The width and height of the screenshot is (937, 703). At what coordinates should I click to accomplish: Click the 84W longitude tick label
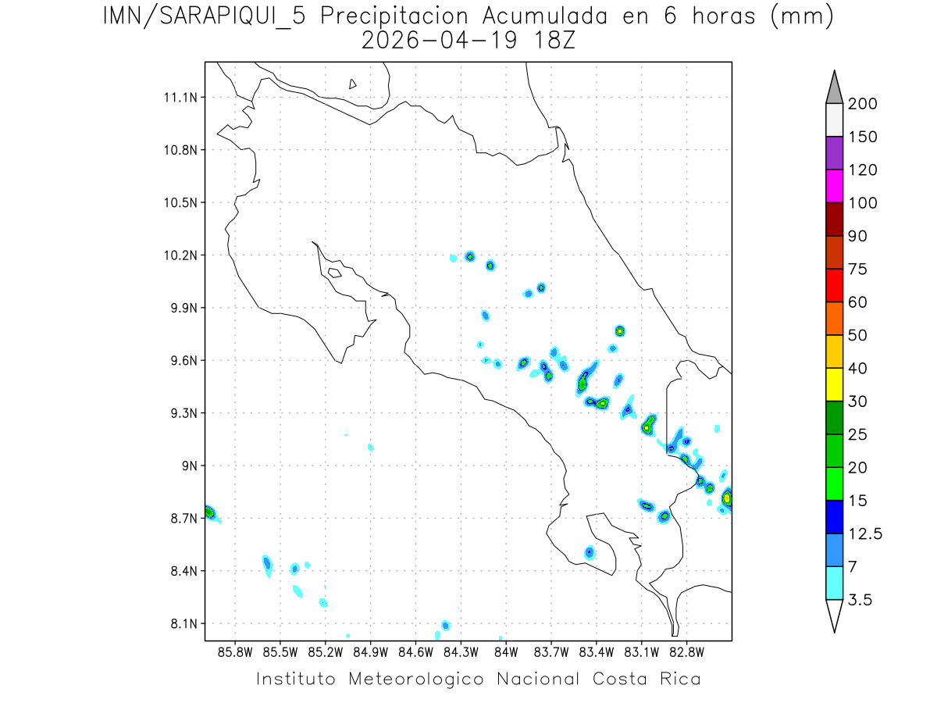click(506, 651)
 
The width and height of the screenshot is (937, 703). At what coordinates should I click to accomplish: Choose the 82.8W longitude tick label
click(686, 651)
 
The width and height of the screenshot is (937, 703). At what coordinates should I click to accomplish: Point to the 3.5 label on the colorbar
click(860, 600)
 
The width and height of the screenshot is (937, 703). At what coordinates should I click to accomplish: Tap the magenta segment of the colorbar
click(834, 187)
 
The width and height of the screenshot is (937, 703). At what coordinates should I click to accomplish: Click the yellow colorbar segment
click(834, 384)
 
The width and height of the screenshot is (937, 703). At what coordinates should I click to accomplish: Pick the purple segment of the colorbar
click(834, 153)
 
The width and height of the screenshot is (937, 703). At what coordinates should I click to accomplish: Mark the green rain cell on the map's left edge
click(209, 512)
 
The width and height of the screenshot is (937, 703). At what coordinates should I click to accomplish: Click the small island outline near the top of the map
click(353, 84)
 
